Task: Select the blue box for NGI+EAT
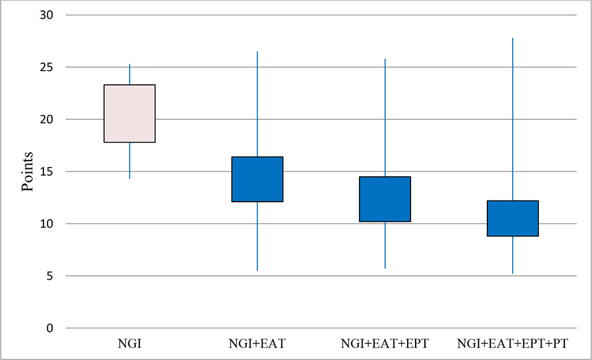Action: click(257, 179)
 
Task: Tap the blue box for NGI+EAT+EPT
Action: click(385, 199)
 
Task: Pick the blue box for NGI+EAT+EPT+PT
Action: click(513, 218)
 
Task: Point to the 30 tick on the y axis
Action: click(46, 15)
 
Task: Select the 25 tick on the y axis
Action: click(46, 67)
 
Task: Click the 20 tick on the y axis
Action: click(46, 120)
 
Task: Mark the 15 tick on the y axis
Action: click(46, 172)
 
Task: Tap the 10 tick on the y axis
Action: click(46, 224)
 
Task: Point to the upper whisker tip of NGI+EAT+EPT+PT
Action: click(513, 38)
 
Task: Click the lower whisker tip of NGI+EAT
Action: click(257, 270)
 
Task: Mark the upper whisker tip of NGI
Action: click(129, 64)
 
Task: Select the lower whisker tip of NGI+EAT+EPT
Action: click(385, 268)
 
